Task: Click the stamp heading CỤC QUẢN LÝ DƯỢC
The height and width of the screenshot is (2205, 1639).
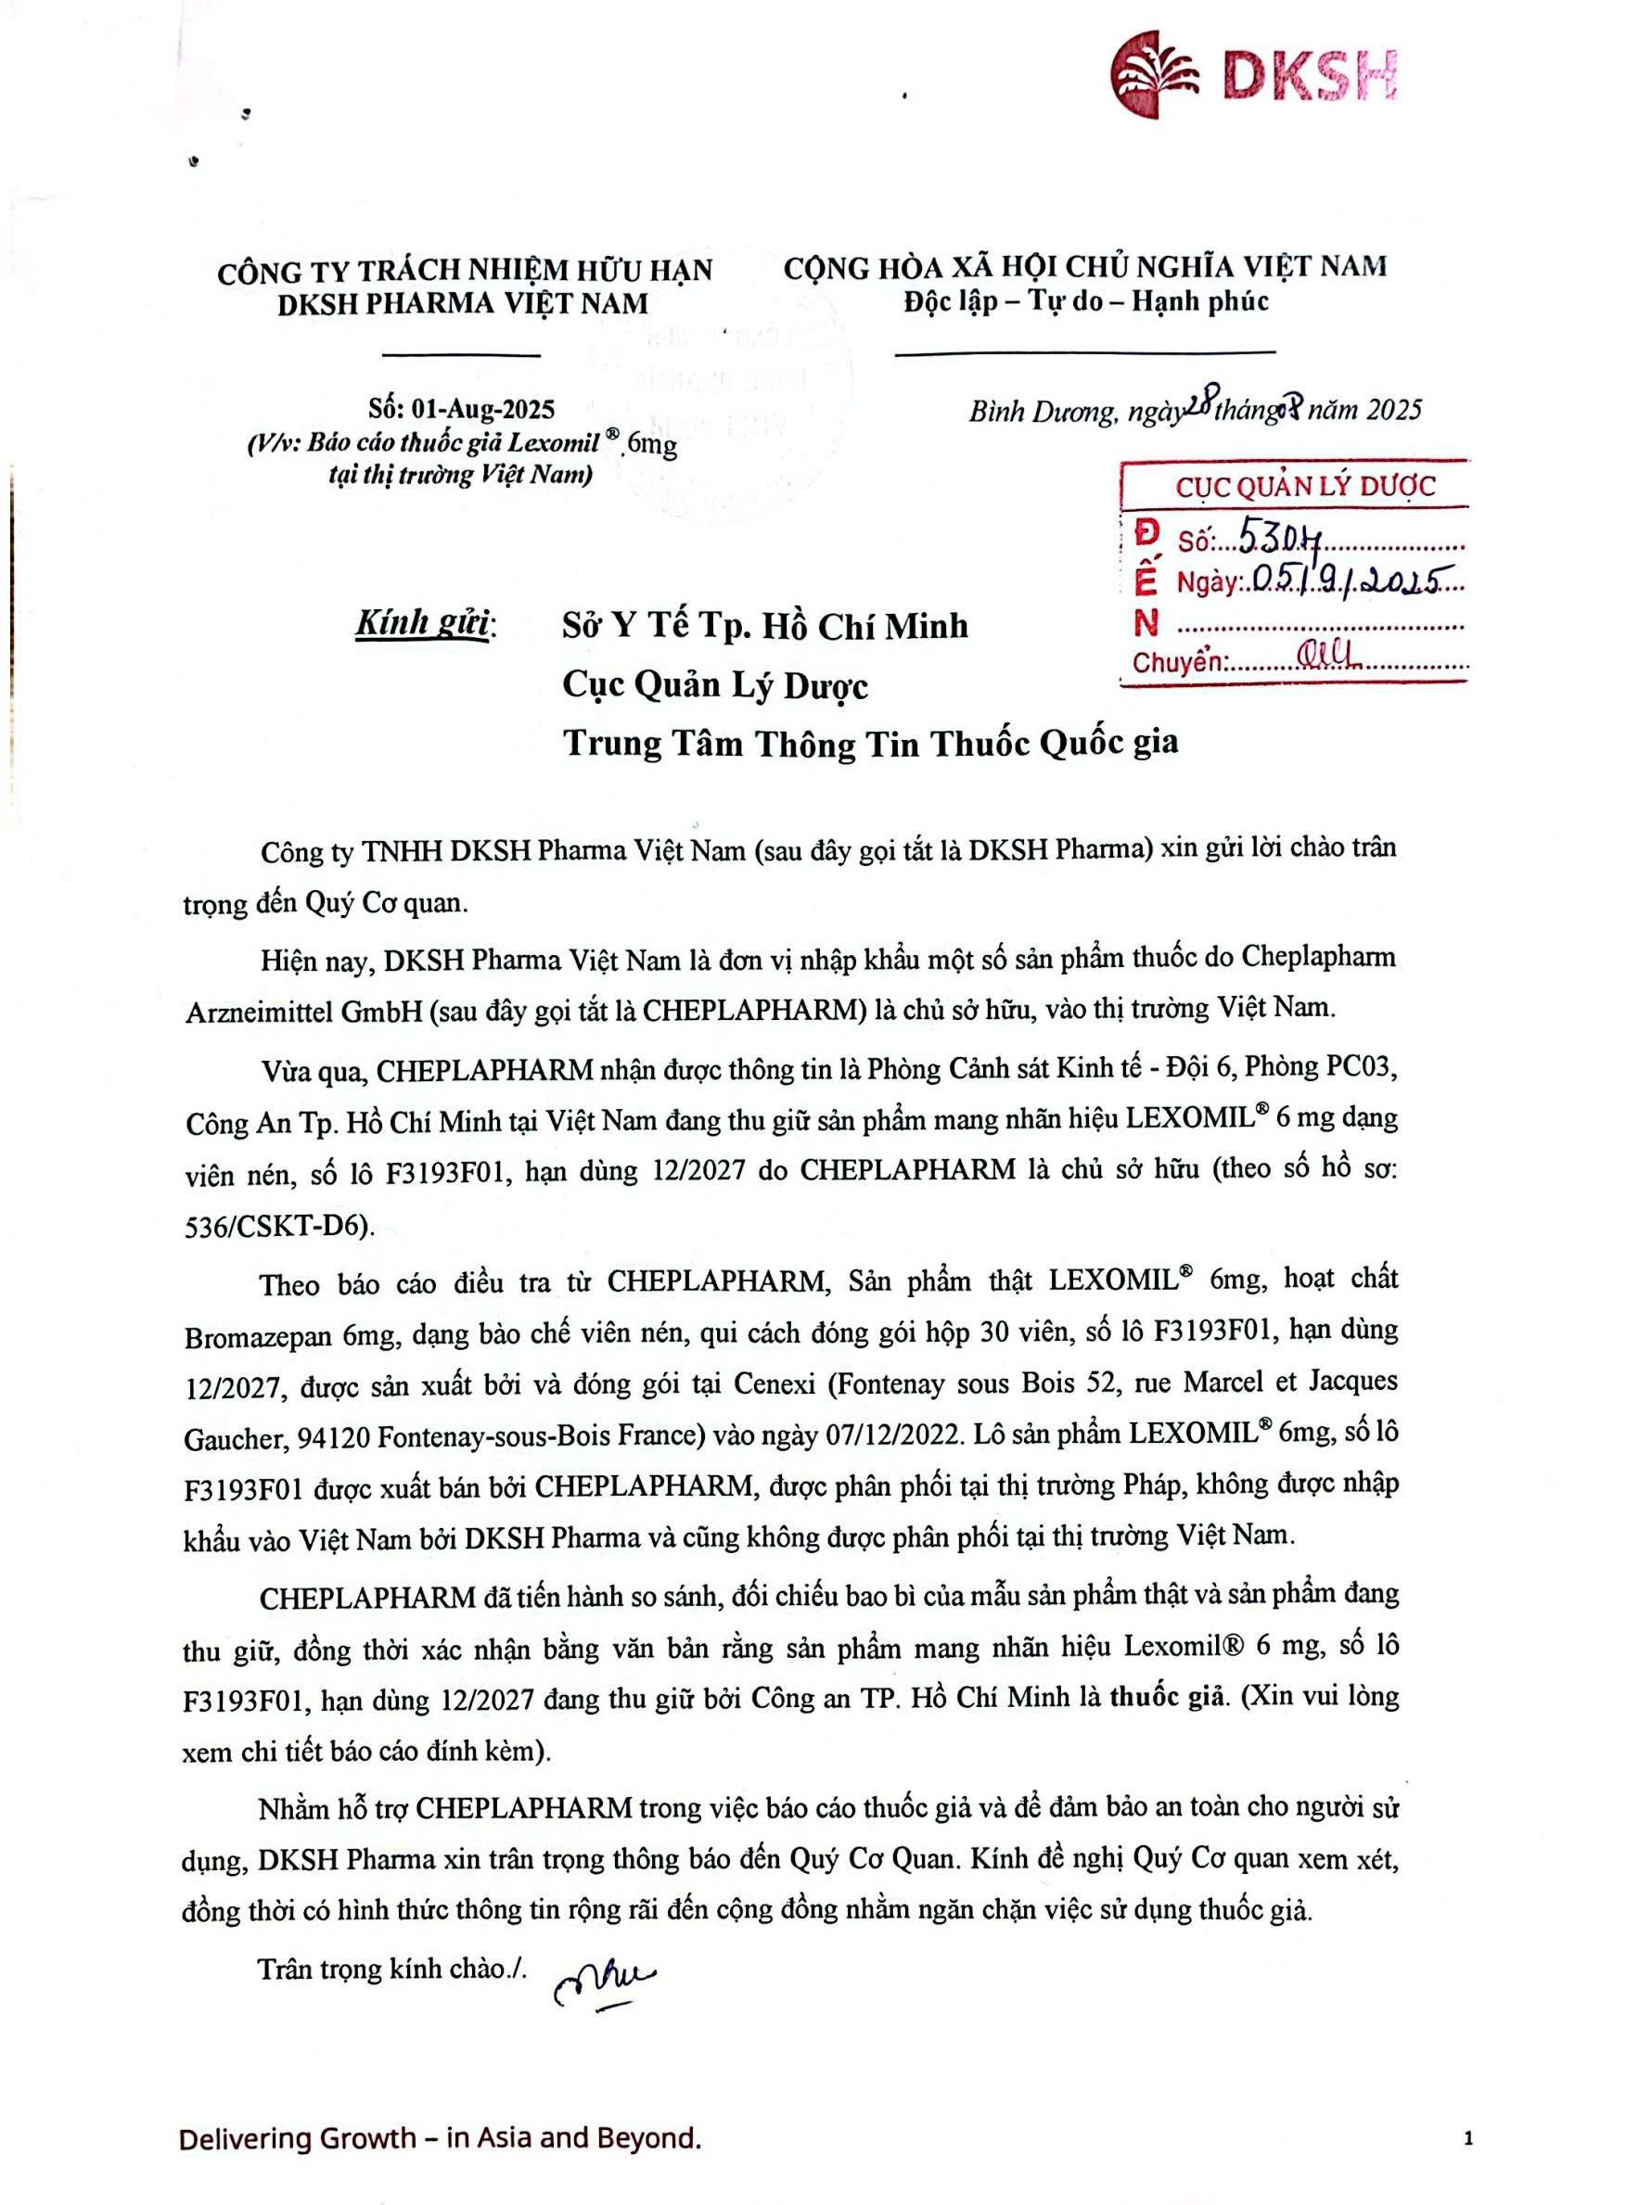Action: tap(1305, 486)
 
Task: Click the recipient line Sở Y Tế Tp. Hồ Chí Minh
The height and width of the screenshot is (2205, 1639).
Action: tap(764, 626)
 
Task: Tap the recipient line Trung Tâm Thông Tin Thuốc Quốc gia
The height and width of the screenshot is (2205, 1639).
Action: tap(870, 743)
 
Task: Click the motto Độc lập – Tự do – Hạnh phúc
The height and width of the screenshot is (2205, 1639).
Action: tap(1085, 300)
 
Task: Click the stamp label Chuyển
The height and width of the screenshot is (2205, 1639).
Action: tap(1179, 662)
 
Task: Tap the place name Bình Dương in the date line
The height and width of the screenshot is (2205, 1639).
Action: tap(1043, 411)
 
